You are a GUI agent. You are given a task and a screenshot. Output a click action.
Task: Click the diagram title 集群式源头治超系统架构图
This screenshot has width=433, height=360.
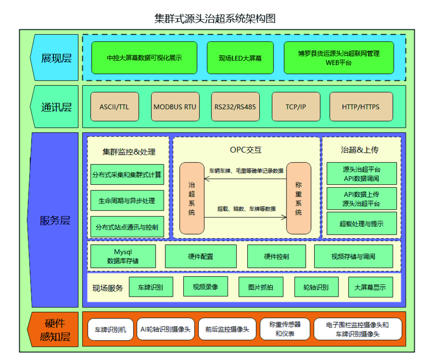215,19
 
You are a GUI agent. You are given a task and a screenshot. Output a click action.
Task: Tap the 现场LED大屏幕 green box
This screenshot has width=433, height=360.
240,58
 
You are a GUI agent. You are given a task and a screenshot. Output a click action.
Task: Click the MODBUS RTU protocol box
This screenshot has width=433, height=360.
175,107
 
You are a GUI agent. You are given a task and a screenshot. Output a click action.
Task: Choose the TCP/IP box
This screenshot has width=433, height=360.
296,107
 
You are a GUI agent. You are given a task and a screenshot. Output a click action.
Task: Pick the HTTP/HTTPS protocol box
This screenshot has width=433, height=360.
361,107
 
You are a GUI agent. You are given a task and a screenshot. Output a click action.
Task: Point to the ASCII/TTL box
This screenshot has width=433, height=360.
115,107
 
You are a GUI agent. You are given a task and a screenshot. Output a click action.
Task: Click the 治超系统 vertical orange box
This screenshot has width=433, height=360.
192,198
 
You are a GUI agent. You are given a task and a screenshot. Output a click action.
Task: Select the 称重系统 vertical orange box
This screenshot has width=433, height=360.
299,198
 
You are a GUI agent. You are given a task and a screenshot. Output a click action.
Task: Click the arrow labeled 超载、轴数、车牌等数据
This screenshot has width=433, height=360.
245,218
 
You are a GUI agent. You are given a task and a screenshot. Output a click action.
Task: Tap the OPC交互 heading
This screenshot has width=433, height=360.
246,150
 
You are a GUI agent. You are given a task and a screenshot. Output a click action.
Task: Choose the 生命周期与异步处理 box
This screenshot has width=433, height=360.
127,200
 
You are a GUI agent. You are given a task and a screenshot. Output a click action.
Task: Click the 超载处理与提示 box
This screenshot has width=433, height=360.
362,224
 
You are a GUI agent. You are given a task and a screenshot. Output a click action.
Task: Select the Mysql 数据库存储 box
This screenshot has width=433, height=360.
123,256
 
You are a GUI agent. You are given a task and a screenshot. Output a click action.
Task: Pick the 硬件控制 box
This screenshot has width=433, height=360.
276,256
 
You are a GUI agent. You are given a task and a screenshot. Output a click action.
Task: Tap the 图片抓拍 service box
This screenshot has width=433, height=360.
261,287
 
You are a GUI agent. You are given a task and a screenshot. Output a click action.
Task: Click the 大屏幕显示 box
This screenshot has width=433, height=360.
370,287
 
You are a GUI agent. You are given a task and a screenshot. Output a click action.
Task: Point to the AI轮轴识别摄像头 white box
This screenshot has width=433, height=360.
166,329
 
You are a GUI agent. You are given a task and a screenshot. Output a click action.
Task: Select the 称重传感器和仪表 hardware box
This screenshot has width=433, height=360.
284,329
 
